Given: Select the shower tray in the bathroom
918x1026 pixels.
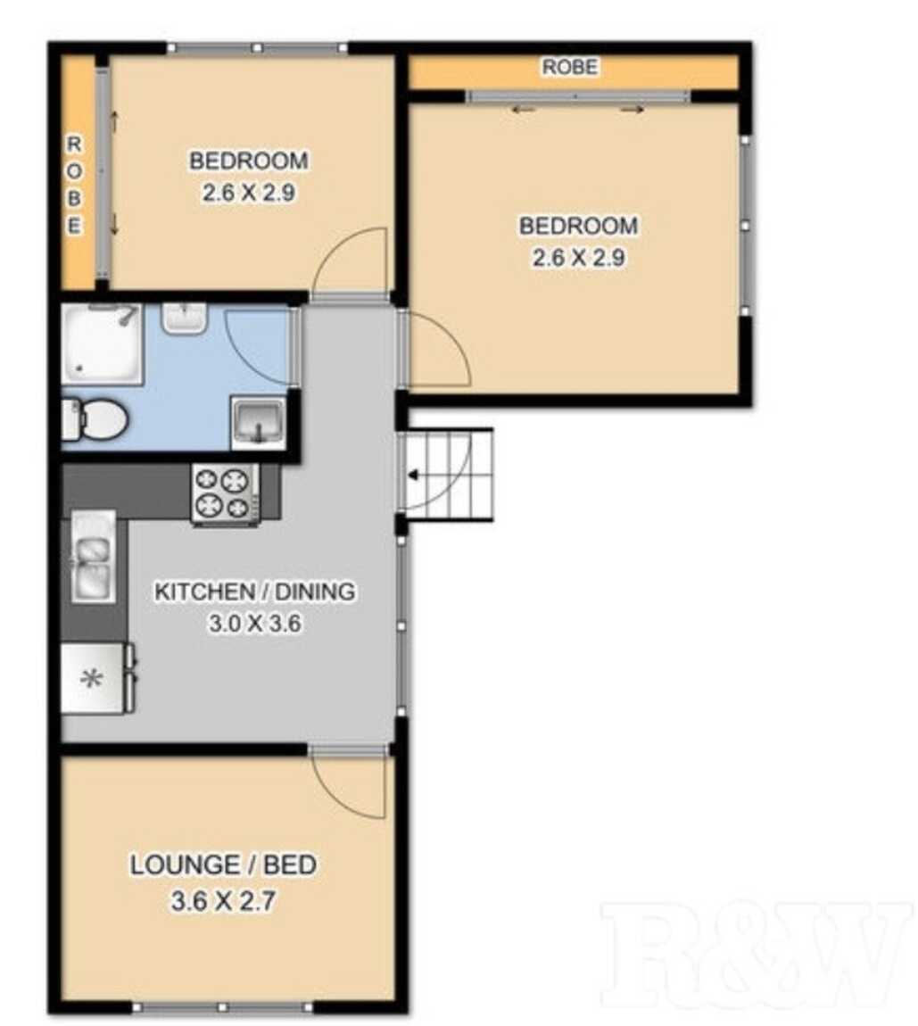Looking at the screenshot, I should pos(102,343).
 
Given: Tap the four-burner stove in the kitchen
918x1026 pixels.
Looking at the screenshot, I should pos(225,492).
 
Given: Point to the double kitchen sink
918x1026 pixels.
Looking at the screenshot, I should pos(94,556).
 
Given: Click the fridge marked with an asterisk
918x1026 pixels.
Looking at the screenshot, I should pos(93,678).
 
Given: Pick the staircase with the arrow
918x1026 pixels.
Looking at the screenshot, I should pos(446,476).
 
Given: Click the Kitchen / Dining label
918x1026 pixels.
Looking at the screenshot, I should pos(255,591).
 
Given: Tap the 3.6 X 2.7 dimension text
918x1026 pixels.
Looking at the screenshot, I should pos(221,901).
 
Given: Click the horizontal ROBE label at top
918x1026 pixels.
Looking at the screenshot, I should pos(570,68).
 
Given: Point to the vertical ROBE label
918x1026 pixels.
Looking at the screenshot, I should pos(76,185).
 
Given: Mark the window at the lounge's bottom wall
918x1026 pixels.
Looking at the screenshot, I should pos(223,1008).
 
